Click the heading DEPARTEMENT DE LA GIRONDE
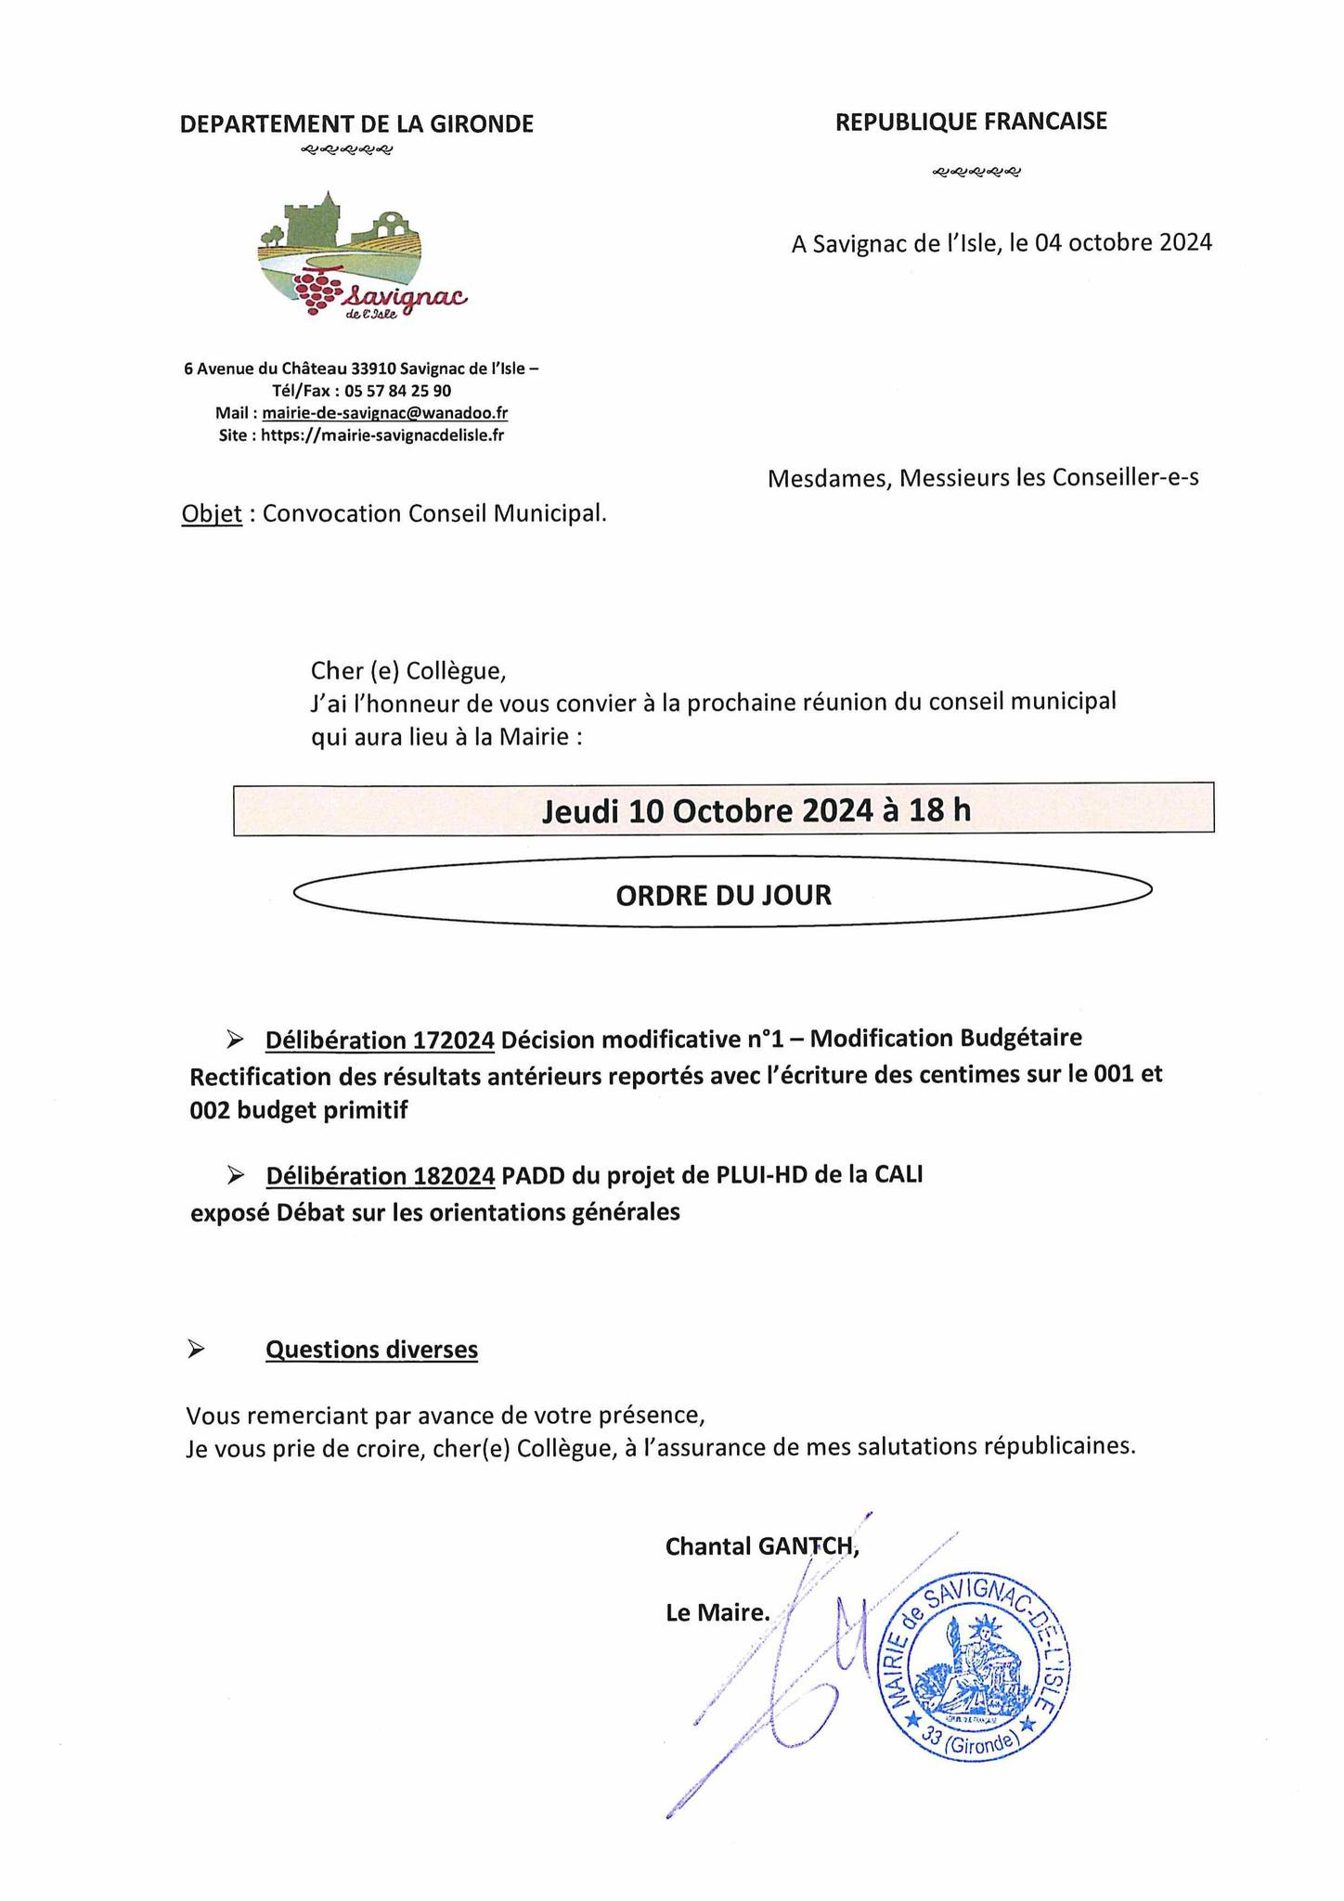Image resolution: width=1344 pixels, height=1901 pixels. (356, 124)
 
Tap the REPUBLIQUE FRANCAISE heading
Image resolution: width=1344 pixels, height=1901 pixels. (971, 122)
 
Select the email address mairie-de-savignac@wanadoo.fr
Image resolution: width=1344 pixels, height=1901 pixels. (384, 413)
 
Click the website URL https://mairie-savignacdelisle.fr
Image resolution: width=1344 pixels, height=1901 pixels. (382, 434)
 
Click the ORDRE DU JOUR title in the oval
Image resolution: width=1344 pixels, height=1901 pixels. (723, 895)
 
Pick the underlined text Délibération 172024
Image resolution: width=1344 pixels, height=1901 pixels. (380, 1041)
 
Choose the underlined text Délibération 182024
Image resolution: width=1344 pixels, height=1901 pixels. (380, 1176)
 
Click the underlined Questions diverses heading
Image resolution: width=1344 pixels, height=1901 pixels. (371, 1350)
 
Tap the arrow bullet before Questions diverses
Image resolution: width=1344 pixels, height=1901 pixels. (196, 1350)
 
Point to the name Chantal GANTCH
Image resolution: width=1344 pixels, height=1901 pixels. (761, 1546)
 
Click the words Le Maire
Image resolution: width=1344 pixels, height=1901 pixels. (717, 1613)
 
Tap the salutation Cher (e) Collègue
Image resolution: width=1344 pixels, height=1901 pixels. (409, 669)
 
